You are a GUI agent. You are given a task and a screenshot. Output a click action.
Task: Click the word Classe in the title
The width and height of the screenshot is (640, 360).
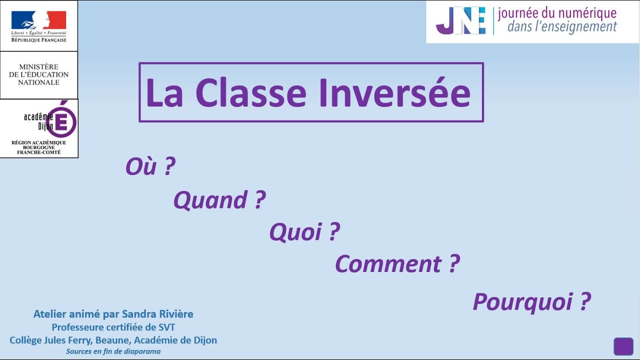click(x=250, y=93)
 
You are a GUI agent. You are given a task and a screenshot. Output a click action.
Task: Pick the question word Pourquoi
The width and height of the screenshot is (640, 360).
click(x=523, y=301)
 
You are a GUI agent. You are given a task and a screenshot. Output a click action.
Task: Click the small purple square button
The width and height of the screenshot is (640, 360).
click(x=623, y=346)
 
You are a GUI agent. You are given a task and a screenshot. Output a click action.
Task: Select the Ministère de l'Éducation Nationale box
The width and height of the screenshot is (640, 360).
click(x=38, y=74)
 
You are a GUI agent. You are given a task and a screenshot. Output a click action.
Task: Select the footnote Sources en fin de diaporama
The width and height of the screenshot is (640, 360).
click(x=113, y=351)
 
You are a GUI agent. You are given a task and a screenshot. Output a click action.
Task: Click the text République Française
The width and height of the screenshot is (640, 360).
click(x=38, y=39)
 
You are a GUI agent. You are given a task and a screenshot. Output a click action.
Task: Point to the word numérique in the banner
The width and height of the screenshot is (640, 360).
click(x=585, y=13)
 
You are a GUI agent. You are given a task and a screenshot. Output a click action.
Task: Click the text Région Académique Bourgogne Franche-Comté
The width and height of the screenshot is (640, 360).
click(x=38, y=147)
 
